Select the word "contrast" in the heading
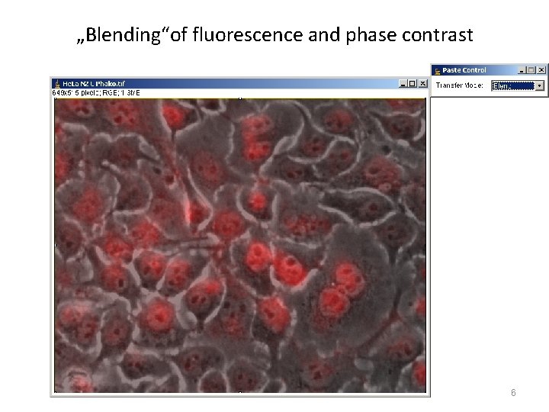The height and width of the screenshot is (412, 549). point(438,35)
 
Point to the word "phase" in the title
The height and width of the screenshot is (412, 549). point(367,35)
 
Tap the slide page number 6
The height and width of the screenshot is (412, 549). point(513,393)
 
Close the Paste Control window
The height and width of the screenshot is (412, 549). point(541,69)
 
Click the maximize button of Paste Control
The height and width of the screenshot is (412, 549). point(531,69)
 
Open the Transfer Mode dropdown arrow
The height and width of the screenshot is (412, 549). point(540,85)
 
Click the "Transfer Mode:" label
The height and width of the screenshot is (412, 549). point(459,85)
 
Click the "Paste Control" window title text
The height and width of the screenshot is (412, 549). point(464,69)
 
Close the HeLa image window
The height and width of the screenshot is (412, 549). point(422,83)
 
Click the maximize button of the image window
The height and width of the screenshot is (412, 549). point(413,83)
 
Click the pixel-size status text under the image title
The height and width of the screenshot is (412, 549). point(95,92)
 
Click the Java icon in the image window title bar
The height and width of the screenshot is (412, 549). point(56,83)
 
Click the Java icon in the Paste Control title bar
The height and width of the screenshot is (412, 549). point(437,69)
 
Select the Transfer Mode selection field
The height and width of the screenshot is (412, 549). point(512,85)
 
